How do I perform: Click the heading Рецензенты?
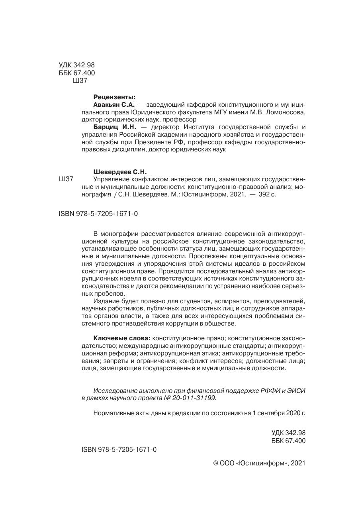(114, 97)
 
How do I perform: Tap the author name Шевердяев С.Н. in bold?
(120, 172)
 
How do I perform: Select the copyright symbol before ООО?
(216, 463)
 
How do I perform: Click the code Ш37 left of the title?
(66, 180)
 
